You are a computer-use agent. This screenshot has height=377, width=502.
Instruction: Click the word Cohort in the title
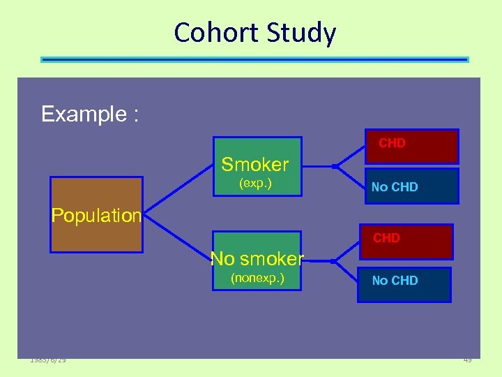212,34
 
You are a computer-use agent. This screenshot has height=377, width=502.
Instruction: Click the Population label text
96,215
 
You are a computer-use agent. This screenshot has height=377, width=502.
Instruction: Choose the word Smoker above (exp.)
254,165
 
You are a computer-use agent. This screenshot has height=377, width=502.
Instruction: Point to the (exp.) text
255,184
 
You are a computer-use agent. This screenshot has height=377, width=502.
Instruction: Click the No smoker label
257,259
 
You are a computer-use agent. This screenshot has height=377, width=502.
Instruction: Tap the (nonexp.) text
257,279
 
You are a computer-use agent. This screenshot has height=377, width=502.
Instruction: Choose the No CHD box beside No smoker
404,282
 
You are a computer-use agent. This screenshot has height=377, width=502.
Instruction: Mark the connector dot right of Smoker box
335,166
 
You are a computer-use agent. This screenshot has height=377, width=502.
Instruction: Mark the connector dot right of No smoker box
335,261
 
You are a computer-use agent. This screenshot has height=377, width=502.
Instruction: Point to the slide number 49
467,360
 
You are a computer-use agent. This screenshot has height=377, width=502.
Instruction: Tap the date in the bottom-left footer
48,360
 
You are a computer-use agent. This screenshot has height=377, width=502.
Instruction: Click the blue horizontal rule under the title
254,60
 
